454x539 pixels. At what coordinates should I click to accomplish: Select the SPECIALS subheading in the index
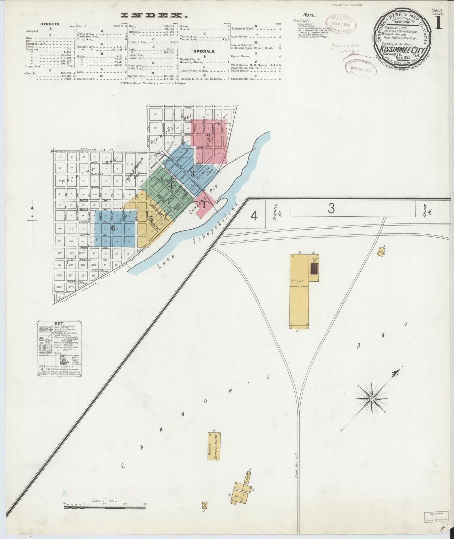click(204, 51)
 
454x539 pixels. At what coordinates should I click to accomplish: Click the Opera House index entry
click(239, 56)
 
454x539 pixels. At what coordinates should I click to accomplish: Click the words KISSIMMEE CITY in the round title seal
click(402, 50)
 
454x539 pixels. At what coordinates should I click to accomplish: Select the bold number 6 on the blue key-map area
click(113, 228)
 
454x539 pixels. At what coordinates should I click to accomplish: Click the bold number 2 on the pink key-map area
click(208, 137)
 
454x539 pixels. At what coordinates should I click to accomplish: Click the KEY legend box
click(59, 348)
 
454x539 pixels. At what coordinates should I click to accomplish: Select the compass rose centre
click(371, 399)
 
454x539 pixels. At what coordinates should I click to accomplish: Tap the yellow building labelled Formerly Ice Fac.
click(213, 446)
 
